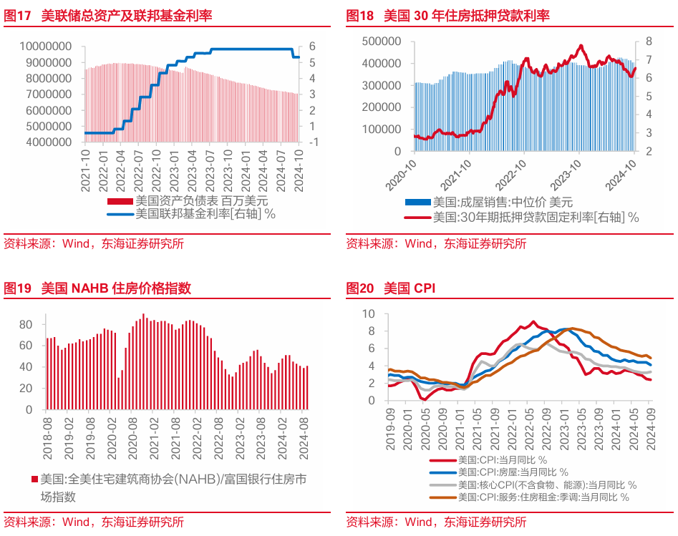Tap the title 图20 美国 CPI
pyautogui.click(x=390, y=288)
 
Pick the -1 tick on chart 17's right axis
pyautogui.click(x=314, y=142)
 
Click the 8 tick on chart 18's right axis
pyautogui.click(x=647, y=42)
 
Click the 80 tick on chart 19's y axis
pyautogui.click(x=26, y=324)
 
